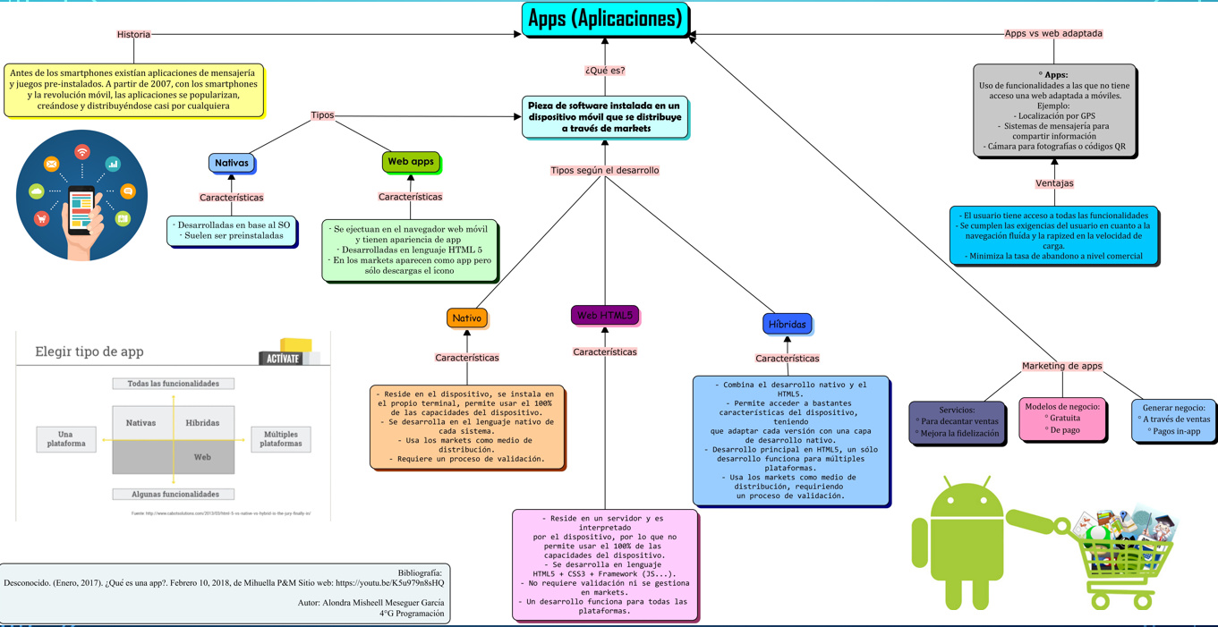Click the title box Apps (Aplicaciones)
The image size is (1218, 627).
[605, 19]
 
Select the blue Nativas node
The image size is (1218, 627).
[231, 163]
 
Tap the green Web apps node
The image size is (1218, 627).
[411, 162]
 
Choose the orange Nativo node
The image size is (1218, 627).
[466, 318]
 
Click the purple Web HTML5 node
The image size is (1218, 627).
[604, 315]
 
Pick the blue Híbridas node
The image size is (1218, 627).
[787, 324]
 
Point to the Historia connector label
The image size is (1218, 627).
[133, 34]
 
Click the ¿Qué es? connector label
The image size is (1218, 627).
[605, 70]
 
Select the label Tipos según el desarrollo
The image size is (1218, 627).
[605, 170]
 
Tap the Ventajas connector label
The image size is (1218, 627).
[1054, 183]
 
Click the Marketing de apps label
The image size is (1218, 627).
[1062, 366]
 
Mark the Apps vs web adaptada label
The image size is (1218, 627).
[1053, 33]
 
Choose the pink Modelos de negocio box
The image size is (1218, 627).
[1063, 419]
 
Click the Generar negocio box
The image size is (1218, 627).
[1173, 419]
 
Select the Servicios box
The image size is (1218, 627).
[957, 421]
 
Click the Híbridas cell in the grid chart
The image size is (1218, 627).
[203, 423]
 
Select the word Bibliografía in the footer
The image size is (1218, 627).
[420, 572]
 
